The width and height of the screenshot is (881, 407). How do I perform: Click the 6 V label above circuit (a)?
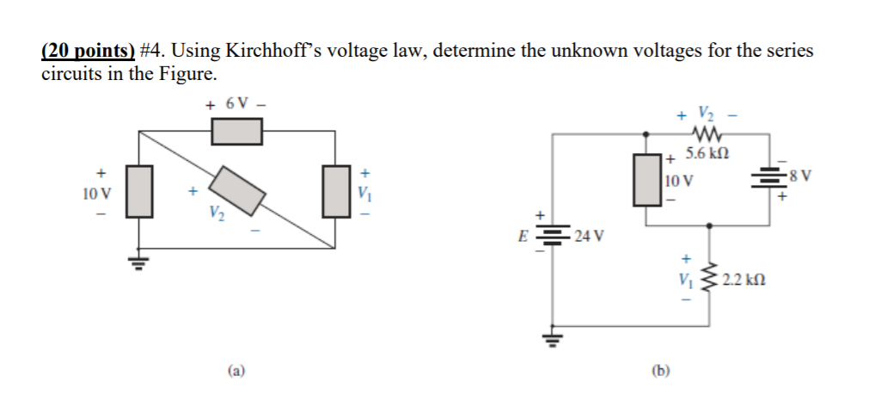coord(236,104)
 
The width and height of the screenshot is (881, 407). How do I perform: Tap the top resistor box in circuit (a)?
coord(236,132)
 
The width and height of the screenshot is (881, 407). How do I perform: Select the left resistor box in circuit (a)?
coord(140,190)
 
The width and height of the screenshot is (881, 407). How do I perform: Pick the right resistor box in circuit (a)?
coord(335,190)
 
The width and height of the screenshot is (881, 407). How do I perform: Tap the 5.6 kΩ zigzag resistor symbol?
coord(706,133)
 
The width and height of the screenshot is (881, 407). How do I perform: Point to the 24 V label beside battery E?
coord(589,234)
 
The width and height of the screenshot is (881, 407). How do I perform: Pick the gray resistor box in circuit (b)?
coord(647,179)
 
